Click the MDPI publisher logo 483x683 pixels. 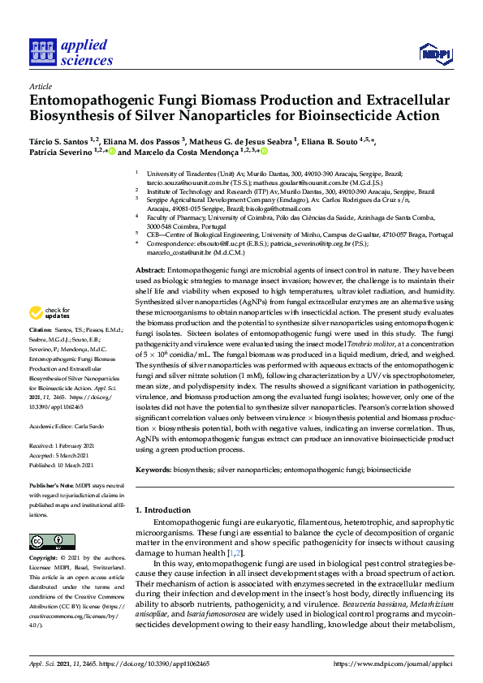click(434, 54)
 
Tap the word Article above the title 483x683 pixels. click(40, 85)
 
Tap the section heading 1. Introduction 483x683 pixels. click(162, 509)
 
